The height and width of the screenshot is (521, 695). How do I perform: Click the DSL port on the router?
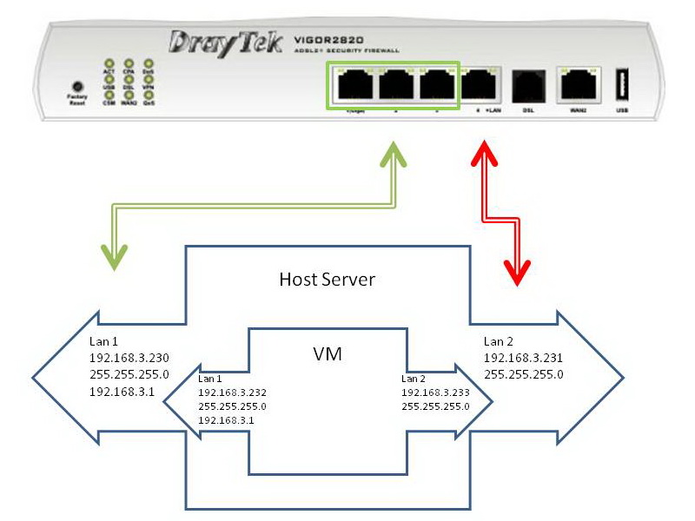coord(526,87)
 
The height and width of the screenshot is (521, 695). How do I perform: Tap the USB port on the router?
coord(622,86)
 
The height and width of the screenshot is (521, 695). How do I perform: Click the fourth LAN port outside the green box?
coord(477,86)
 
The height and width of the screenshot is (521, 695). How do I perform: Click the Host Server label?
coord(327,280)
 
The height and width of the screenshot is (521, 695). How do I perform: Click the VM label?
coord(327,354)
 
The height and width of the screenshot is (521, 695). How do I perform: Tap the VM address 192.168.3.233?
coord(435,392)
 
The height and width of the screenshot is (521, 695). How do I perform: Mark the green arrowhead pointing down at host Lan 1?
coord(115,256)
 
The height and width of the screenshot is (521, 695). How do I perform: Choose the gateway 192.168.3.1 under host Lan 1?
coord(118,392)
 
